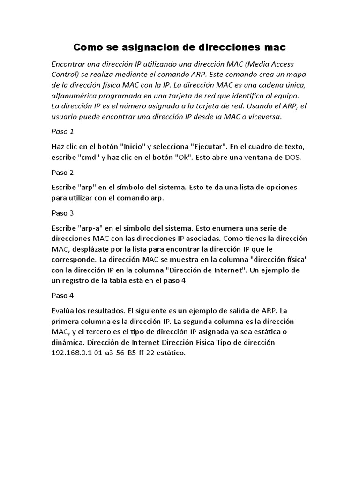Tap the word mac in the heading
[x=275, y=47]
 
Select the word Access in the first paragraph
[x=276, y=64]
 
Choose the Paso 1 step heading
[x=63, y=131]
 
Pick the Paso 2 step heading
[x=63, y=172]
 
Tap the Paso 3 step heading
[x=63, y=213]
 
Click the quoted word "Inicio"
[x=132, y=146]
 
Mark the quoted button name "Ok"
[x=183, y=157]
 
